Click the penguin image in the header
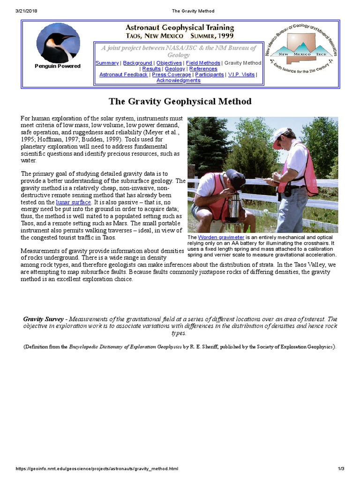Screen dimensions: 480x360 (x=58, y=42)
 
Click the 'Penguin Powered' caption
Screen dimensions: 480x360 (x=58, y=66)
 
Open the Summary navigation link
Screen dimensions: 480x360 (x=107, y=63)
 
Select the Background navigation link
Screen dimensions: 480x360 (x=137, y=63)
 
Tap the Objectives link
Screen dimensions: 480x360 (x=169, y=63)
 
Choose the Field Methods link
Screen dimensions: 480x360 (x=202, y=63)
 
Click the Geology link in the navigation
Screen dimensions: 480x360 (x=175, y=69)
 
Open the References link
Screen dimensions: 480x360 (x=203, y=69)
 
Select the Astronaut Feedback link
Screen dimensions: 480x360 (x=124, y=75)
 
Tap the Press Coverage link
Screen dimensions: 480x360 (x=172, y=75)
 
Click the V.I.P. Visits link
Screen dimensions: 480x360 (x=241, y=75)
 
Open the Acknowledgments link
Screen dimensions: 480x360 (x=178, y=80)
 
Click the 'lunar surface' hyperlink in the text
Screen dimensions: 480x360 (x=73, y=202)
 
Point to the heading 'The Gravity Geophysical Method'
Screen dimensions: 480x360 (x=180, y=101)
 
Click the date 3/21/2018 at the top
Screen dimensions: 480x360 (x=15, y=11)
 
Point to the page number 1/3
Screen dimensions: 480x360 (x=341, y=469)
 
